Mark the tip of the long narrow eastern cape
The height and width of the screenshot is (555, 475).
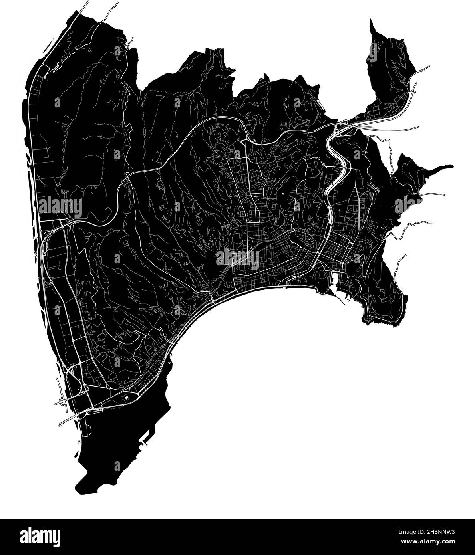452,165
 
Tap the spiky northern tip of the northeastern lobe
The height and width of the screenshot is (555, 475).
371,20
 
